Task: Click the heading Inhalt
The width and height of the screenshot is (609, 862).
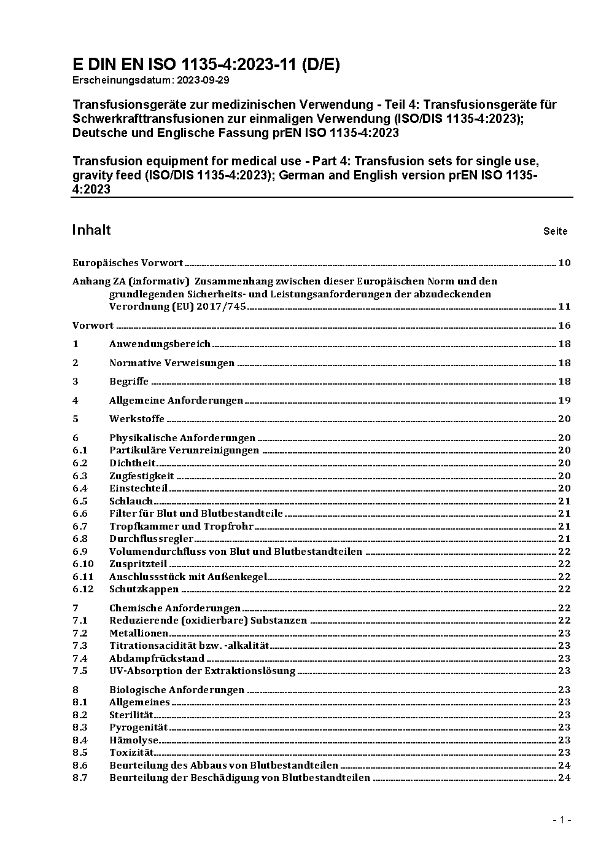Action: click(91, 230)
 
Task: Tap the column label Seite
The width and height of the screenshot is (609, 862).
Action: click(555, 232)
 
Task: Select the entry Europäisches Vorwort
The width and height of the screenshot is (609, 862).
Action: click(128, 263)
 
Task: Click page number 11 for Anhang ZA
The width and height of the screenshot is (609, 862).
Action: click(564, 307)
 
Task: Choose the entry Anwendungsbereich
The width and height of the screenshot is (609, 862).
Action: click(160, 344)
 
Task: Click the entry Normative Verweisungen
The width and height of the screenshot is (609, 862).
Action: click(172, 363)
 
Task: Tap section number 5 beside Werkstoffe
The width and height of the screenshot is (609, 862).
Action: click(76, 419)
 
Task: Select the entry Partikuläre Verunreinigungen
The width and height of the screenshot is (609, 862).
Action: click(184, 450)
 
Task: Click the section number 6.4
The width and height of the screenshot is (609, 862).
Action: click(80, 488)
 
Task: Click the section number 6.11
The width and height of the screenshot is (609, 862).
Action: click(83, 577)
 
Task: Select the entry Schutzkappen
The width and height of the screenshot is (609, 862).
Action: click(144, 589)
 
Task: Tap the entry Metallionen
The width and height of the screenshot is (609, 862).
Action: click(139, 633)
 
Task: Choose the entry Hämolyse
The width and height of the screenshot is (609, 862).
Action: click(134, 740)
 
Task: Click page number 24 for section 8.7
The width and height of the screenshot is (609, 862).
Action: click(564, 778)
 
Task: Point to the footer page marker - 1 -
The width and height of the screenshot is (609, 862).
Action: click(562, 820)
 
